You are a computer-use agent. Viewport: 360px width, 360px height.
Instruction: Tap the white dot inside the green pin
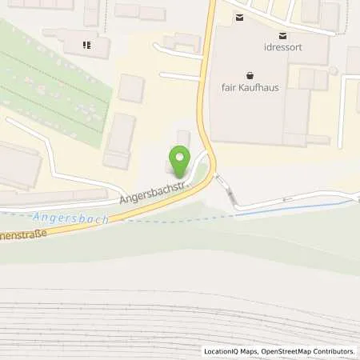(x=181, y=158)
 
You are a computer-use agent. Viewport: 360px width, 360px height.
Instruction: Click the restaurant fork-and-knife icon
(x=86, y=45)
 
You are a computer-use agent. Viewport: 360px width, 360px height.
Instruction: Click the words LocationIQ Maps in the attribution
(x=229, y=351)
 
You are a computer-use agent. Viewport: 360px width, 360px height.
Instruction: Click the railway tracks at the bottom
(x=180, y=324)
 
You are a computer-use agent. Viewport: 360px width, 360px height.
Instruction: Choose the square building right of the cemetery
(x=131, y=88)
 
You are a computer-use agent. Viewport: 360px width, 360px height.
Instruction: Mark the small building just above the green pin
(x=183, y=138)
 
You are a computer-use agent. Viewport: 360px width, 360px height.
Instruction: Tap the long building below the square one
(x=120, y=141)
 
